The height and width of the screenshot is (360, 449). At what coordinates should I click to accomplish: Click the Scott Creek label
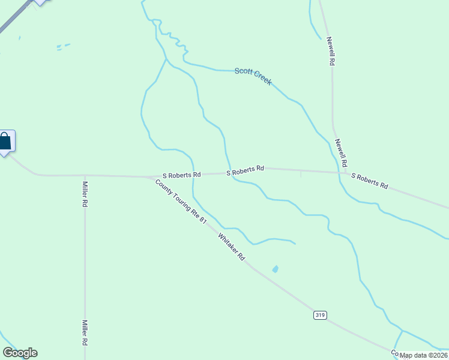click(x=253, y=76)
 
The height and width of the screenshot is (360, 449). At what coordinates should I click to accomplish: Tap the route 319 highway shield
click(x=320, y=315)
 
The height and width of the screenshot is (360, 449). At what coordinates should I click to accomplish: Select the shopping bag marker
click(x=5, y=142)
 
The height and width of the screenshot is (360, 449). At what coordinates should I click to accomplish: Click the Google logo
click(x=20, y=353)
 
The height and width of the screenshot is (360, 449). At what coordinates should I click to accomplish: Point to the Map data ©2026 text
click(x=424, y=355)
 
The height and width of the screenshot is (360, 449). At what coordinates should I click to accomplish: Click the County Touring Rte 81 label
click(x=180, y=202)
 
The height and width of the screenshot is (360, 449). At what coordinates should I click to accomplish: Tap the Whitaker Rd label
click(x=232, y=246)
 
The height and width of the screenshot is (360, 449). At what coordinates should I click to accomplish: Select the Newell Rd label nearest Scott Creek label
click(x=331, y=51)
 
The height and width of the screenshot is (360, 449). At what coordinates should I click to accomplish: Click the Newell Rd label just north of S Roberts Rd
click(x=341, y=153)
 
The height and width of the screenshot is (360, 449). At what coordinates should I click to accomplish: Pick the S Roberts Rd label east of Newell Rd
click(x=369, y=181)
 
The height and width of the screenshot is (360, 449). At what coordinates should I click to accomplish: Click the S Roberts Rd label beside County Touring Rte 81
click(x=181, y=175)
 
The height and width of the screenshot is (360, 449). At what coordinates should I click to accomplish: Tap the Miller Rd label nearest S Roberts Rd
click(x=85, y=194)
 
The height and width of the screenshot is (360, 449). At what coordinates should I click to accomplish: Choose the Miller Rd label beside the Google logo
click(x=85, y=333)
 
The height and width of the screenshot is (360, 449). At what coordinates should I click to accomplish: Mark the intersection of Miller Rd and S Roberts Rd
click(x=85, y=176)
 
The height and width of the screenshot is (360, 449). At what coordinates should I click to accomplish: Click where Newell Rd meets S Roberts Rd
click(x=346, y=173)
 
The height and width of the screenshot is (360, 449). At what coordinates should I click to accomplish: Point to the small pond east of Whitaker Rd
click(x=276, y=269)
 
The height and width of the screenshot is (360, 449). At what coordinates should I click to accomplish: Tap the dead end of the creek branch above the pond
click(x=295, y=243)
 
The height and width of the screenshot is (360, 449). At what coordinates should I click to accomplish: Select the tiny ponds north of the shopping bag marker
click(x=62, y=46)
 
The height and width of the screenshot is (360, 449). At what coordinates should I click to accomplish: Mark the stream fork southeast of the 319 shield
click(x=403, y=331)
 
